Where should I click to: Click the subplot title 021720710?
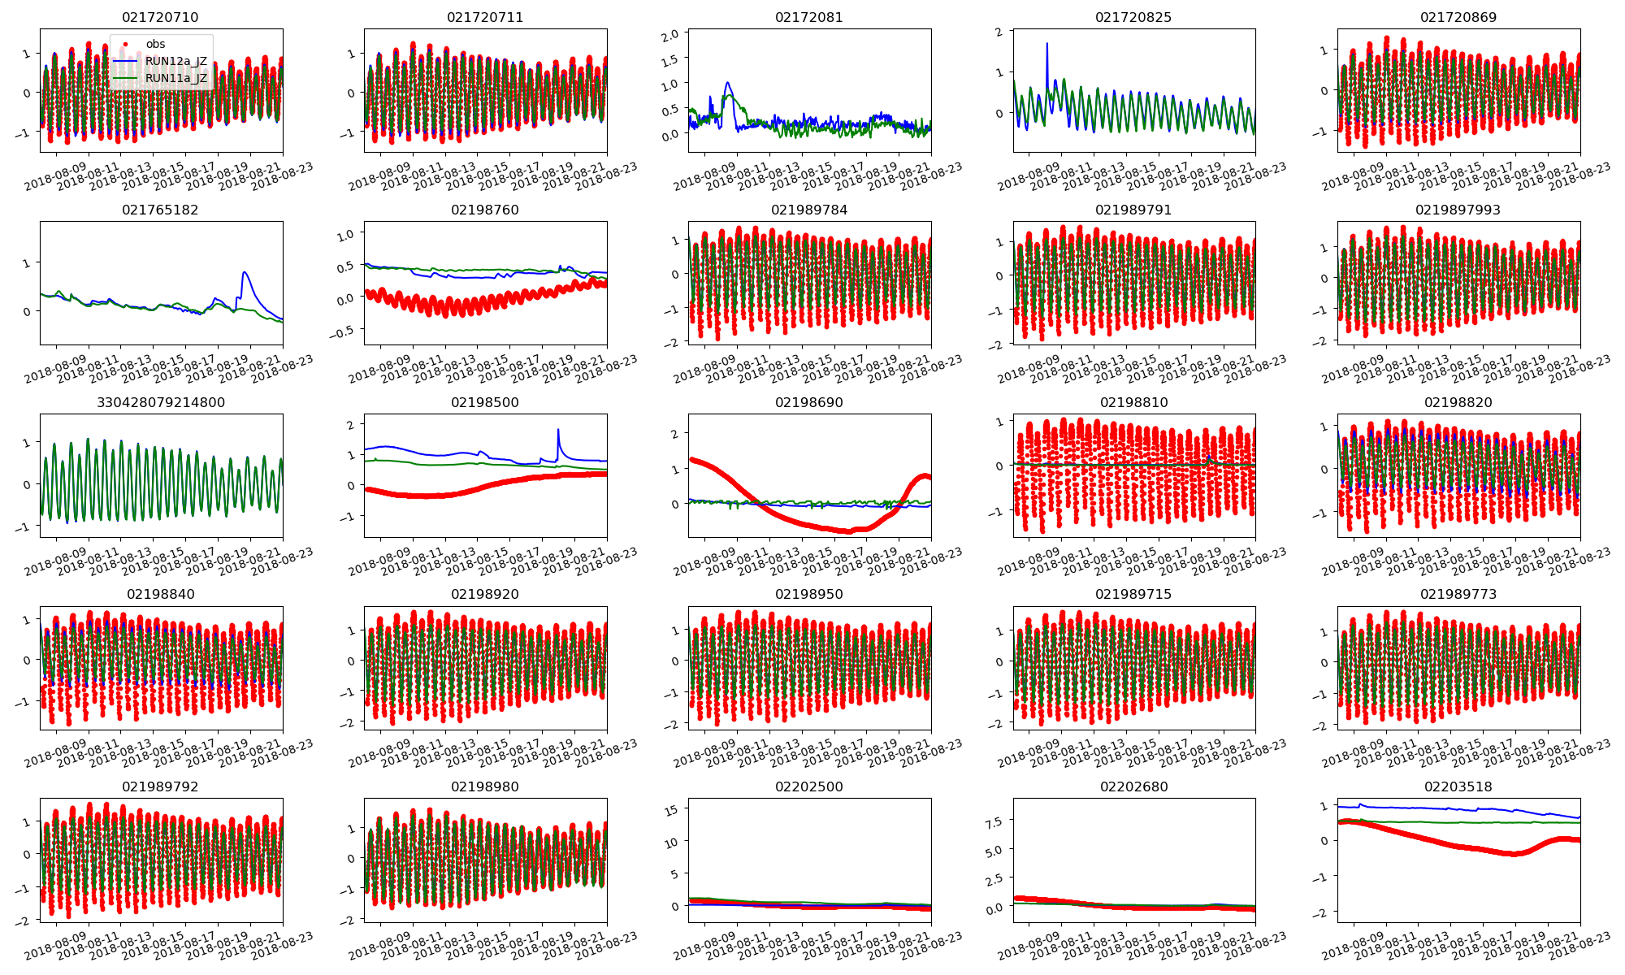pyautogui.click(x=160, y=17)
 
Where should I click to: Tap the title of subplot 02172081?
pyautogui.click(x=808, y=17)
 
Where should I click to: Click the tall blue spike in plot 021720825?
pyautogui.click(x=1046, y=44)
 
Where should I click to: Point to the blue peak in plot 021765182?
pyautogui.click(x=245, y=272)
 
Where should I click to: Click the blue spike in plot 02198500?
pyautogui.click(x=558, y=430)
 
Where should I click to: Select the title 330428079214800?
pyautogui.click(x=160, y=402)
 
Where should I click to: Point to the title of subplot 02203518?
pyautogui.click(x=1458, y=786)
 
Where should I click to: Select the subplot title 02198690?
pyautogui.click(x=808, y=402)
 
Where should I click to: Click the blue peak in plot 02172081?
pyautogui.click(x=728, y=82)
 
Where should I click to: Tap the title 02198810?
pyautogui.click(x=1133, y=402)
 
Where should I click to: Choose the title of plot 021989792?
pyautogui.click(x=160, y=786)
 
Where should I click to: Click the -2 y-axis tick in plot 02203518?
pyautogui.click(x=1321, y=912)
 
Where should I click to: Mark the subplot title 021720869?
pyautogui.click(x=1458, y=17)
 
